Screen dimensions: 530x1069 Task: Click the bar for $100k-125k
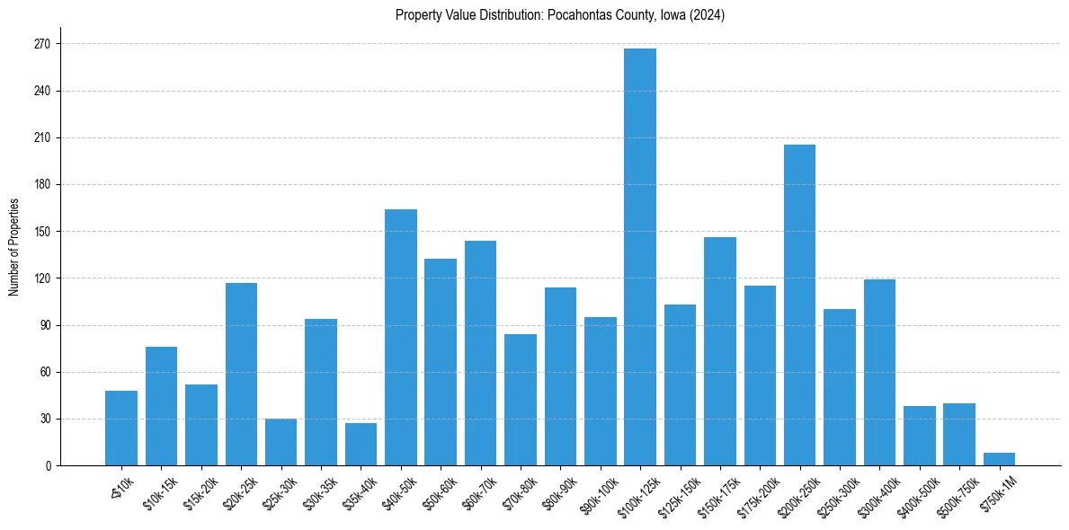click(x=640, y=257)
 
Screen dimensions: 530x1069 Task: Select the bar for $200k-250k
click(x=799, y=305)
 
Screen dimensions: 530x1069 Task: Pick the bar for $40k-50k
click(x=401, y=338)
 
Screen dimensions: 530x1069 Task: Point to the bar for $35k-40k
click(x=361, y=445)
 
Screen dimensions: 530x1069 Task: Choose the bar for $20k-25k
click(x=241, y=375)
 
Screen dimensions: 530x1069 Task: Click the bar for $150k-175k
click(x=720, y=351)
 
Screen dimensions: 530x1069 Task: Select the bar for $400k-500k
click(x=920, y=436)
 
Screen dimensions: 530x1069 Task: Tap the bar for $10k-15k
click(x=162, y=406)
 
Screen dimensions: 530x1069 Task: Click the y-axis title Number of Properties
click(x=13, y=246)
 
